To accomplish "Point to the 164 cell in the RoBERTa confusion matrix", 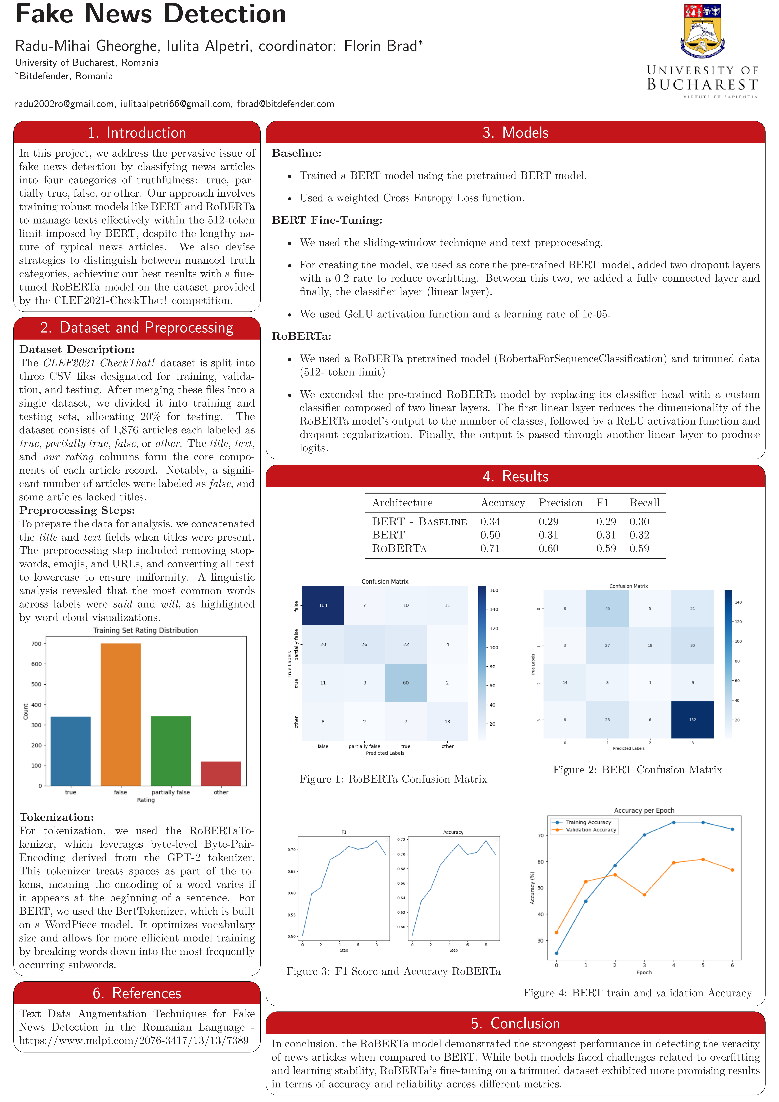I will coord(323,605).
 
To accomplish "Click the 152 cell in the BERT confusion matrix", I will coord(692,719).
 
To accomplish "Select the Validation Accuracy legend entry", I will coord(590,830).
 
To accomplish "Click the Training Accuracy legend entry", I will coord(588,822).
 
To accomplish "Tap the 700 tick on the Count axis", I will coord(36,644).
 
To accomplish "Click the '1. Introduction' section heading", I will coord(137,133).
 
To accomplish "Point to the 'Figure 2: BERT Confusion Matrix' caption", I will coord(637,770).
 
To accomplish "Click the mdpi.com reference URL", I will coord(134,1041).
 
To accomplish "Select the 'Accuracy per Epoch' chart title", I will coord(644,810).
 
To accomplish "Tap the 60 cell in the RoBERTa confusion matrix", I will coord(405,683).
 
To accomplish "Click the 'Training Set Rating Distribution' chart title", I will coord(145,630).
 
